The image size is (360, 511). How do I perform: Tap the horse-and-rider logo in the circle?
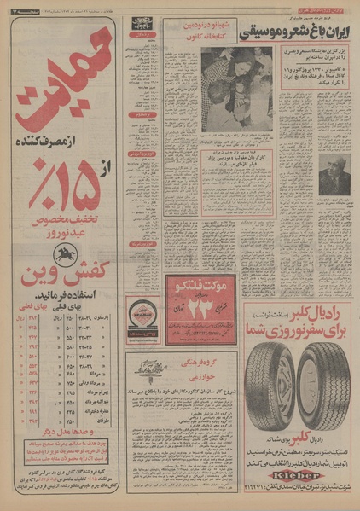(x=65, y=253)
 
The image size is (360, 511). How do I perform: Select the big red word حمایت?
(x=60, y=85)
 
